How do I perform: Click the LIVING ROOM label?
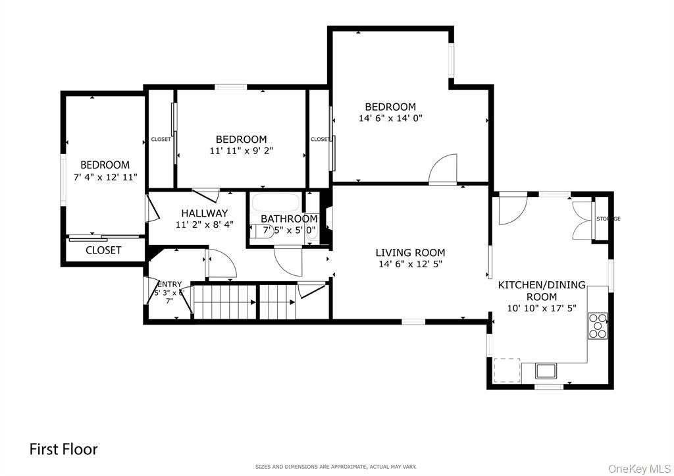point(410,253)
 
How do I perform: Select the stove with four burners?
point(598,326)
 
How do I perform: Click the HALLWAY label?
point(204,213)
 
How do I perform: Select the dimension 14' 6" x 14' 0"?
point(390,119)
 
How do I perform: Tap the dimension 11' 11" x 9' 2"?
point(241,151)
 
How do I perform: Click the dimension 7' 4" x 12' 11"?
point(105,176)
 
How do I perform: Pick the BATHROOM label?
point(289,219)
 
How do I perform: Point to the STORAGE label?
point(608,219)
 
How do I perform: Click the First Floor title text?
point(63,449)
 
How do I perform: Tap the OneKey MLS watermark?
point(640,468)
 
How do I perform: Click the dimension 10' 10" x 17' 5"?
point(541,308)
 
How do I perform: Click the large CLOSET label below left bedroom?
point(103,250)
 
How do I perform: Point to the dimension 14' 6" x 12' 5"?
point(410,265)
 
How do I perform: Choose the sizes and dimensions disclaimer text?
point(336,467)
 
